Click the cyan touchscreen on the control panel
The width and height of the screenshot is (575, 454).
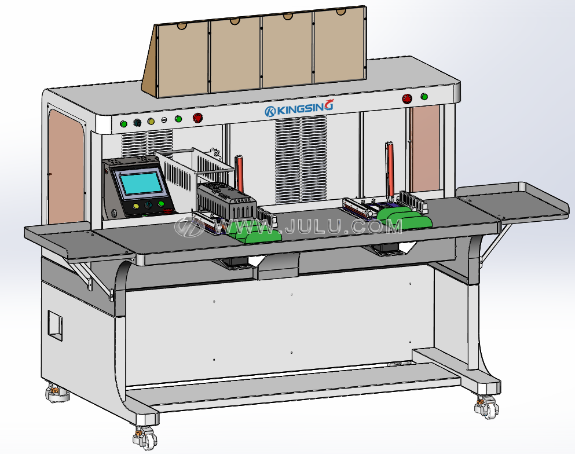point(141,184)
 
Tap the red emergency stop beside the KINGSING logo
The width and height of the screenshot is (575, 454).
point(197,118)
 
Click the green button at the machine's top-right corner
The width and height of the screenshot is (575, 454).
point(424,97)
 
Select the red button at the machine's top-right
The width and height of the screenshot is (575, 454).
point(406,98)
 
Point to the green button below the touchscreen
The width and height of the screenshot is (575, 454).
point(160,204)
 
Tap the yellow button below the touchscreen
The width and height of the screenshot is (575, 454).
point(135,206)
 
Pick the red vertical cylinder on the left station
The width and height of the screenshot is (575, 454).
point(239,174)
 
